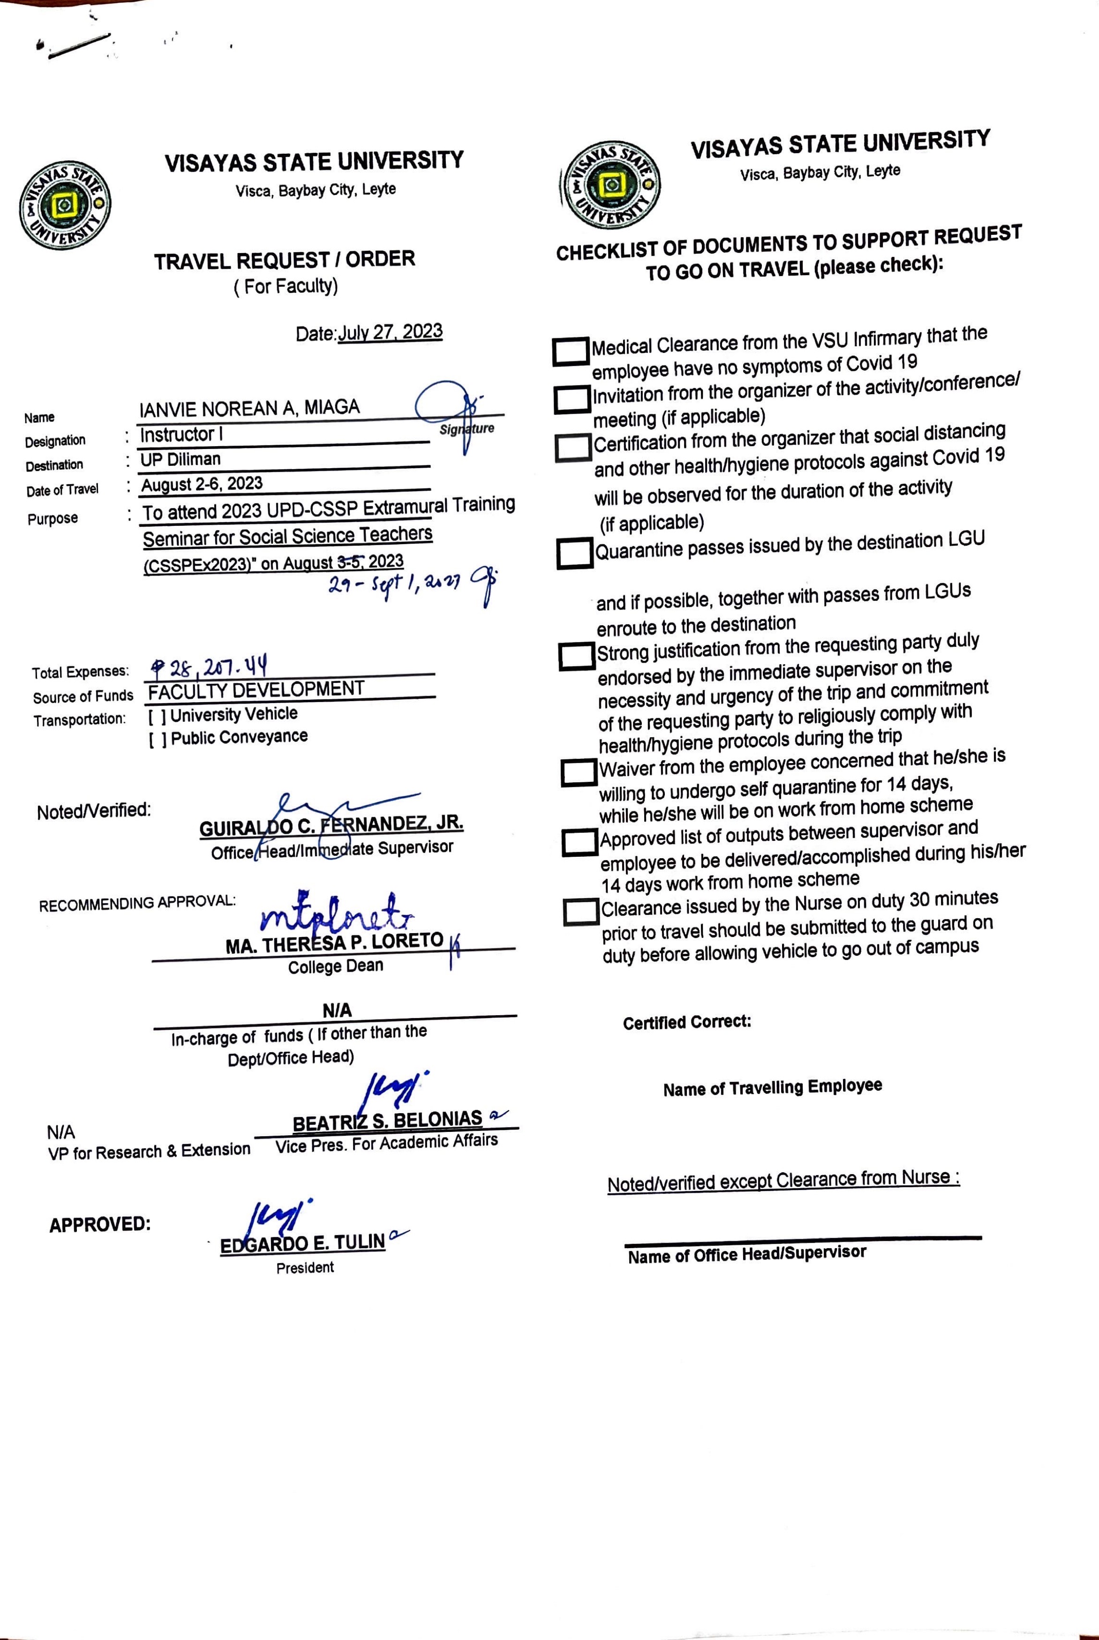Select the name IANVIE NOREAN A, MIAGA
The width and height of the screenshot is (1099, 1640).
(249, 408)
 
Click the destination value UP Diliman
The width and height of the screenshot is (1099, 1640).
(181, 459)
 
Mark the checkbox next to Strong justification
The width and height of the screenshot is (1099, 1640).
(577, 656)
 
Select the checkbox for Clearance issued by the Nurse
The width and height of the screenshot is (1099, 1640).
(581, 912)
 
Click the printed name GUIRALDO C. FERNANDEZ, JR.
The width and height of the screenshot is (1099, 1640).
(331, 825)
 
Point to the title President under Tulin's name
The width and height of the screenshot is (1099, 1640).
(305, 1267)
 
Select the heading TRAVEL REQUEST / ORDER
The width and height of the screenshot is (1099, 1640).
(285, 261)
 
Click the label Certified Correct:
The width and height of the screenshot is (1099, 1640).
(687, 1022)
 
